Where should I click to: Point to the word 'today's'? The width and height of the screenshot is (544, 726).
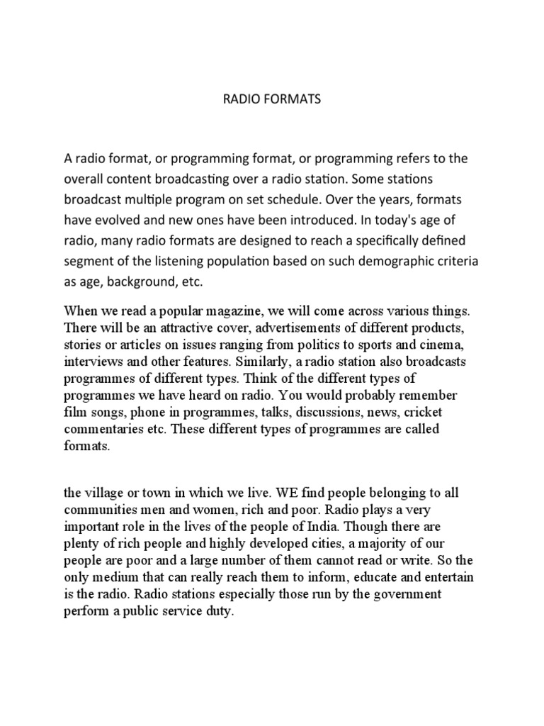(395, 220)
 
